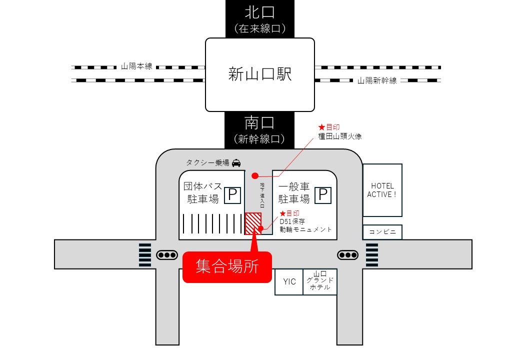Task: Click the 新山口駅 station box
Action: [x=260, y=75]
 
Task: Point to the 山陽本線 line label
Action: [x=136, y=66]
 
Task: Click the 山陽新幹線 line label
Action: [x=377, y=80]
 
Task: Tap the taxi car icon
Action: [x=236, y=162]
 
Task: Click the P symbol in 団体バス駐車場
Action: [x=232, y=195]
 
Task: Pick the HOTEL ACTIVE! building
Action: [x=382, y=190]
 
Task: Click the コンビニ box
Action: [x=382, y=232]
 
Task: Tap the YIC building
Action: [x=289, y=282]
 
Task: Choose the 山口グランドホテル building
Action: [x=320, y=282]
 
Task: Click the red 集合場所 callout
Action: [x=227, y=266]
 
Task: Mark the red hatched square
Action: [x=253, y=223]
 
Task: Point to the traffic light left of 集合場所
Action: [x=167, y=255]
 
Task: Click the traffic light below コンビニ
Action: [x=348, y=255]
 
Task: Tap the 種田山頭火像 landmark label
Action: [x=338, y=135]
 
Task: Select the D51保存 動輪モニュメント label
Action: [x=305, y=225]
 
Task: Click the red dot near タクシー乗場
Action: [x=255, y=175]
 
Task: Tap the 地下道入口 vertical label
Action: [x=261, y=197]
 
